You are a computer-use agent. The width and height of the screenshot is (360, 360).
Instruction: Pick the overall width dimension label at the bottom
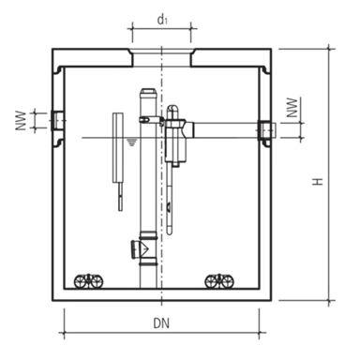click(x=161, y=323)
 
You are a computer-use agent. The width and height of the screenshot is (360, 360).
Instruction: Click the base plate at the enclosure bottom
click(x=161, y=297)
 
